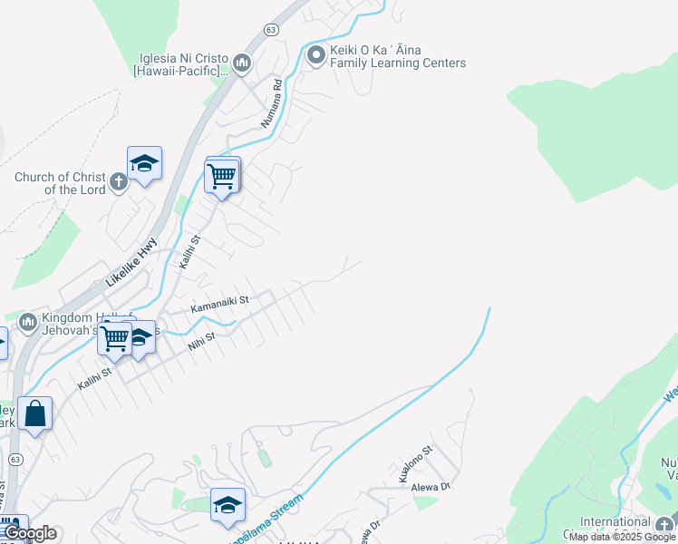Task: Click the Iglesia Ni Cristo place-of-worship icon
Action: [242, 63]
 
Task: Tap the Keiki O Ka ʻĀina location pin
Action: [316, 56]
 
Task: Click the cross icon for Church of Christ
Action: [119, 183]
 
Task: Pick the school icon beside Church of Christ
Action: [144, 163]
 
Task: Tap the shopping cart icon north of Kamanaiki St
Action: [221, 177]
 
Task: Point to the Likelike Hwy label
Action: [131, 262]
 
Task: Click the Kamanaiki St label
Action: [219, 304]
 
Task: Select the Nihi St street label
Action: [201, 340]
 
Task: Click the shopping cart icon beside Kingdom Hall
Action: [114, 338]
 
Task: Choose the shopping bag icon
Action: [34, 413]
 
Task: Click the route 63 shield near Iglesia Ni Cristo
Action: [271, 30]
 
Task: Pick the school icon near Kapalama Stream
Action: [228, 505]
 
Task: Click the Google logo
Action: [30, 533]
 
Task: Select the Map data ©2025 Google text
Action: [622, 537]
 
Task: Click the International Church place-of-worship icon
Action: [663, 524]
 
